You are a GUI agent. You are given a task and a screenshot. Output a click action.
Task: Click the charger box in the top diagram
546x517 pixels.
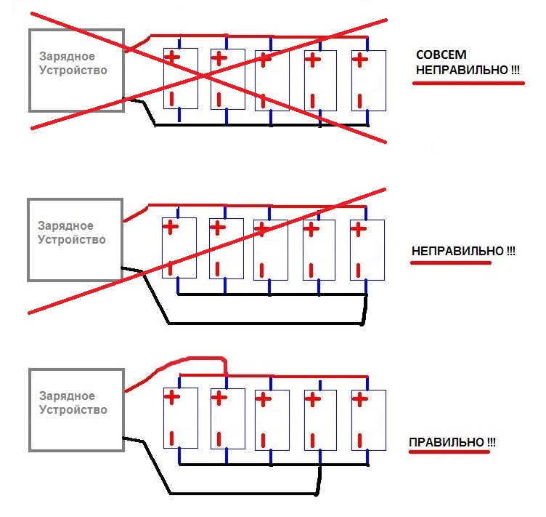pyautogui.click(x=76, y=70)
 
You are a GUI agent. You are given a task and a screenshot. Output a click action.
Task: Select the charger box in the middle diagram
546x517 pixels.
pyautogui.click(x=76, y=239)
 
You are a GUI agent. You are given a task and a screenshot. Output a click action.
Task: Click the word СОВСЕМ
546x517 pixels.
pyautogui.click(x=441, y=56)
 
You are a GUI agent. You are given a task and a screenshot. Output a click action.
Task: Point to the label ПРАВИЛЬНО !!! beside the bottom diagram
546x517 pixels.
pyautogui.click(x=452, y=442)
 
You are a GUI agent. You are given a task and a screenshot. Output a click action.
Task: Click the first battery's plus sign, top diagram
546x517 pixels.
pyautogui.click(x=171, y=57)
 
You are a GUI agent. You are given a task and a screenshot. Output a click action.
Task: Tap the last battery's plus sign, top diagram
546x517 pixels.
pyautogui.click(x=360, y=59)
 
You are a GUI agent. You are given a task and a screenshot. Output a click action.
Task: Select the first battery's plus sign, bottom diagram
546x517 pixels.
pyautogui.click(x=171, y=397)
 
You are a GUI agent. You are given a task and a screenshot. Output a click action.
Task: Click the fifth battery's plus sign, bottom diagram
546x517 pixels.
pyautogui.click(x=359, y=398)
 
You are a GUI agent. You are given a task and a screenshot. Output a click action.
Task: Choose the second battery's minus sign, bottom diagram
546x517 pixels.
pyautogui.click(x=218, y=438)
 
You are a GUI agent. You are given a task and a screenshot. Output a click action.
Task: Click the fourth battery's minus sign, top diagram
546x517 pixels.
pyautogui.click(x=312, y=99)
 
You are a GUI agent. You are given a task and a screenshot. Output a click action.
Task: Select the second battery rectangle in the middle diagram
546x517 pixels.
pyautogui.click(x=226, y=248)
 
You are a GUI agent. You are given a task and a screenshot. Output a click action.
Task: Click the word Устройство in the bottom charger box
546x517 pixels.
pyautogui.click(x=73, y=409)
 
